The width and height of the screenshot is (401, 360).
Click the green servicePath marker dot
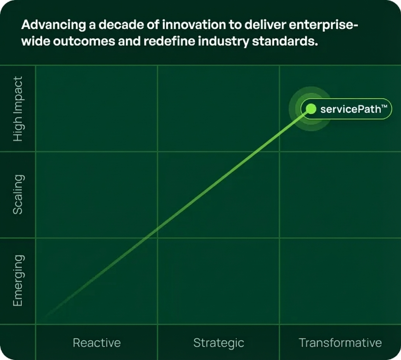click(x=311, y=109)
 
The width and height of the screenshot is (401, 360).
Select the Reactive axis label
click(x=97, y=343)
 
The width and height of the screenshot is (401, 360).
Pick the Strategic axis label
click(x=219, y=343)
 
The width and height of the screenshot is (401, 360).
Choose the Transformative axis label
click(x=340, y=343)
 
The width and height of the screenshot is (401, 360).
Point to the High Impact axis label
click(x=18, y=109)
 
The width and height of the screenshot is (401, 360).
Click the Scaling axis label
click(x=18, y=194)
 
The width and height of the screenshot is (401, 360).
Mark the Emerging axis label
click(x=18, y=280)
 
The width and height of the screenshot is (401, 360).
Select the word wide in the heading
click(x=35, y=41)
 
